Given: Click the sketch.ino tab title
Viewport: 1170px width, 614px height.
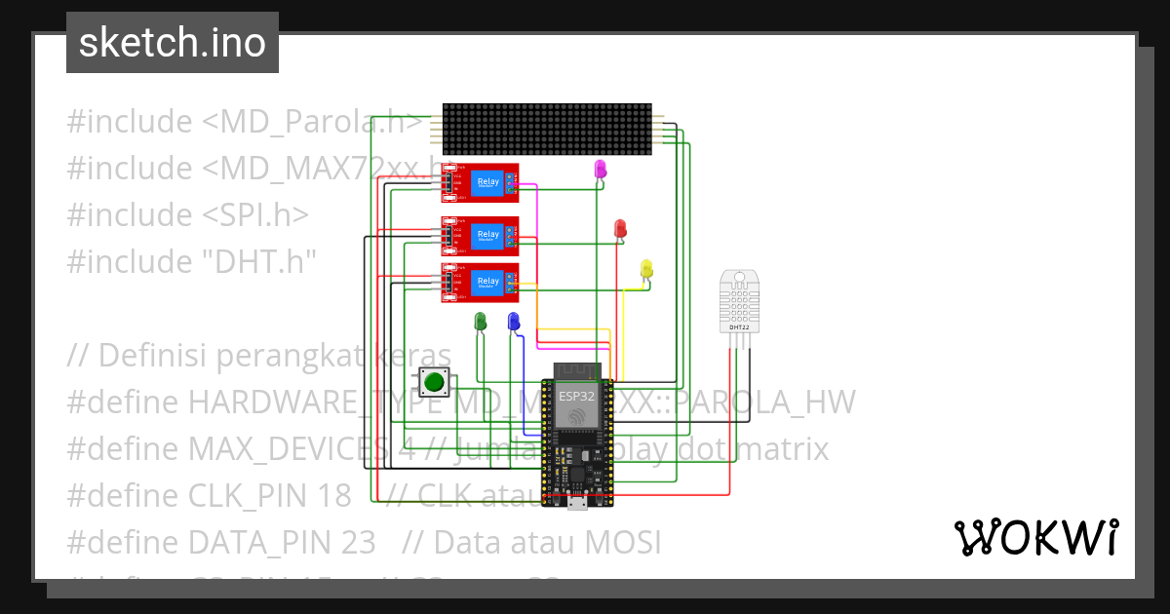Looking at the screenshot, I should tap(172, 43).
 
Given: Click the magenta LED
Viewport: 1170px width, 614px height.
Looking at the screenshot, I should tap(601, 170).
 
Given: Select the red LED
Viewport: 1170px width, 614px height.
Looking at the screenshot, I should tap(620, 228).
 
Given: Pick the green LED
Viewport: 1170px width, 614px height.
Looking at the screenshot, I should tap(480, 321).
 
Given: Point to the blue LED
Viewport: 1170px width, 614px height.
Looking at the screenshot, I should tap(514, 321).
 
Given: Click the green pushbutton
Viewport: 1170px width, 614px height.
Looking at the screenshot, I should tap(434, 383).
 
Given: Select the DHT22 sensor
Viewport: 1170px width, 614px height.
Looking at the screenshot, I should tap(739, 298).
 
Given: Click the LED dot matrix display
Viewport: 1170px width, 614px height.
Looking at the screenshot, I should tap(546, 129).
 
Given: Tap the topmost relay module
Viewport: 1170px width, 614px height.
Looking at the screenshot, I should tap(480, 182).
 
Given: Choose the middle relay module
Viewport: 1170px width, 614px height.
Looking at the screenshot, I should tap(480, 234).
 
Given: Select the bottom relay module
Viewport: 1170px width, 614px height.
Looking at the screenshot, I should tap(480, 282).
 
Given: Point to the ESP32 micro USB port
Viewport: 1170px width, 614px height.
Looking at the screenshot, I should tap(576, 501).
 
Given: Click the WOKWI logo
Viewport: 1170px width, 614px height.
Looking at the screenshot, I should tap(1035, 537).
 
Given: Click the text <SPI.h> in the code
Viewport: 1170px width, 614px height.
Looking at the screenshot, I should tap(255, 214).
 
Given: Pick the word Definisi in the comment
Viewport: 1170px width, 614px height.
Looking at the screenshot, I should tap(152, 354).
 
